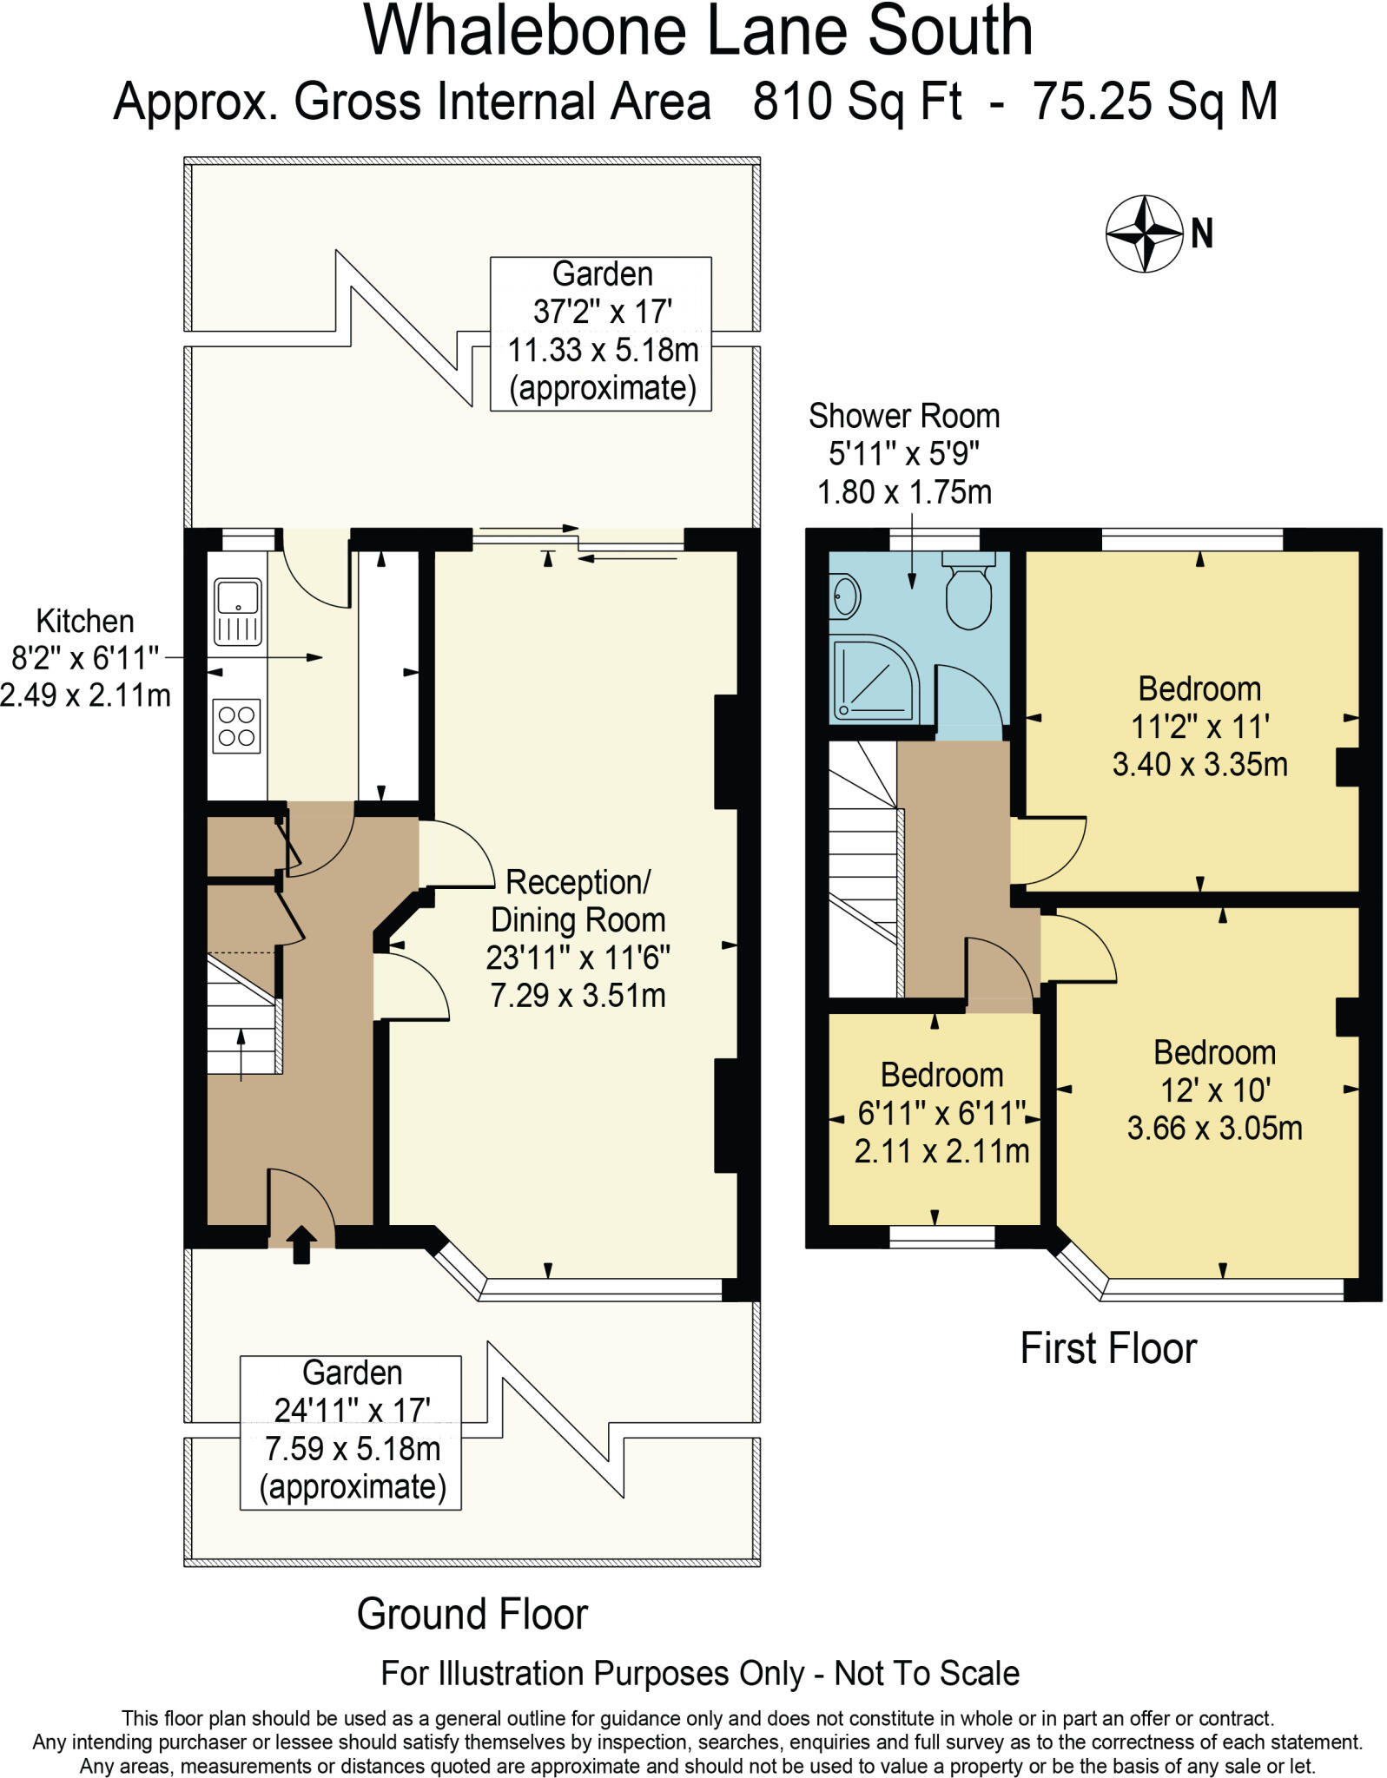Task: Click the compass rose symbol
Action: (1145, 234)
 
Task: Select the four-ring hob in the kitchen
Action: (236, 727)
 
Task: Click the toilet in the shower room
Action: (968, 589)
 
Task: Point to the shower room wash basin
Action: (844, 597)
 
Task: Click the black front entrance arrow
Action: (301, 1244)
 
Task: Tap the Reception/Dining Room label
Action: (578, 938)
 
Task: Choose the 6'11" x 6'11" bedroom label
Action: (941, 1113)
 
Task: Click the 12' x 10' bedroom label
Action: (1214, 1090)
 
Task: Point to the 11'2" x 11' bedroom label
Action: (1199, 727)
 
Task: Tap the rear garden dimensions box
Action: (601, 333)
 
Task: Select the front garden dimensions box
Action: (351, 1432)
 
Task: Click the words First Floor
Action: (1108, 1348)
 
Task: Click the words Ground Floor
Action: (472, 1614)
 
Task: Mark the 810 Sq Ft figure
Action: (857, 102)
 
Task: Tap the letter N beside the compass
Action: (1202, 234)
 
